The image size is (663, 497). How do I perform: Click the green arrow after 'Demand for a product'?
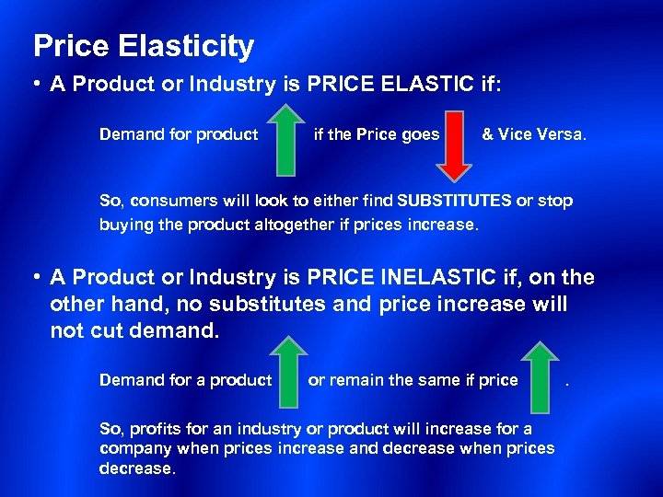289,372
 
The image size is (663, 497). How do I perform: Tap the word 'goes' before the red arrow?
422,134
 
